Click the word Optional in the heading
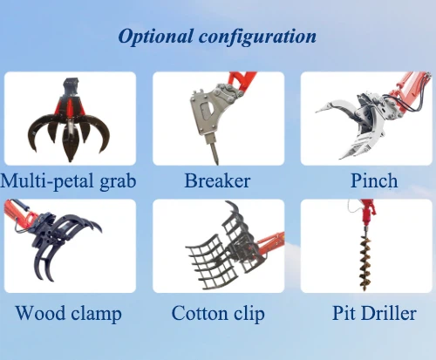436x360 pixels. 154,37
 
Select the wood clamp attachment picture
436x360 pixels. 61,244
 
